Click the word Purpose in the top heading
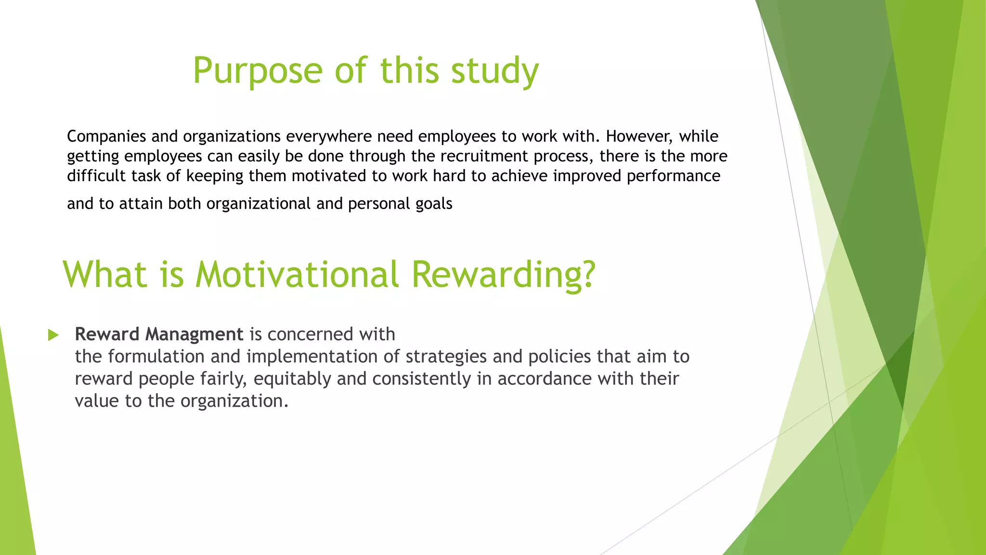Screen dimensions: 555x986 click(x=258, y=71)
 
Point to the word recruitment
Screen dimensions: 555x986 click(x=484, y=156)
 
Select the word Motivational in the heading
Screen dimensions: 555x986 click(x=297, y=275)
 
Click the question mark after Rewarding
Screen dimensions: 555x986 click(x=587, y=275)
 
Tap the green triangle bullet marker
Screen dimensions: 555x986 click(x=53, y=335)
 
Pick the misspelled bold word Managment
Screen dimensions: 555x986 click(x=194, y=334)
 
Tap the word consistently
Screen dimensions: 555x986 click(x=421, y=379)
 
